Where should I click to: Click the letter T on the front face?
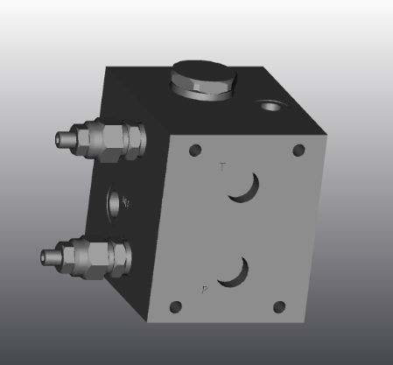tap(221, 166)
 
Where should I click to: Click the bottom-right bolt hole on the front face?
tap(279, 306)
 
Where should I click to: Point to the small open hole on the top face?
tap(268, 107)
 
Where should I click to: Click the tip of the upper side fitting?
tap(62, 138)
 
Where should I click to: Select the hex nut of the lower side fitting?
tap(104, 256)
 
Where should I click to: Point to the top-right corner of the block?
tap(326, 134)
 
